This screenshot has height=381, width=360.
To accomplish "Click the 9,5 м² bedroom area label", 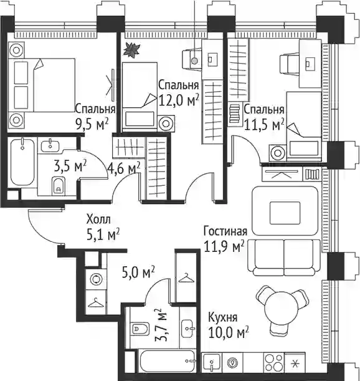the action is pyautogui.click(x=92, y=125).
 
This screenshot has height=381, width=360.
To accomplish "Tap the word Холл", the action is pyautogui.click(x=98, y=219).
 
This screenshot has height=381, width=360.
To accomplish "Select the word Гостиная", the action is pyautogui.click(x=225, y=231).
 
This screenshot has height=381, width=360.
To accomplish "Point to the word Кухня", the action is pyautogui.click(x=223, y=317).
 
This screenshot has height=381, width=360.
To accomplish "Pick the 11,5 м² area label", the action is pyautogui.click(x=264, y=125).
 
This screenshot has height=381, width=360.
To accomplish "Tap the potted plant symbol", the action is pyautogui.click(x=132, y=50).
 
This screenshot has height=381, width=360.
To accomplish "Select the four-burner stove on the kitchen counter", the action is pyautogui.click(x=274, y=362).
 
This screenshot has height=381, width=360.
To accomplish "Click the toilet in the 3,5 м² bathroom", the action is pyautogui.click(x=59, y=186).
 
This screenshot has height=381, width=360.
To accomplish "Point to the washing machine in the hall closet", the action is pyautogui.click(x=97, y=279).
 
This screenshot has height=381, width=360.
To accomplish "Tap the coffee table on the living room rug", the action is pyautogui.click(x=285, y=213).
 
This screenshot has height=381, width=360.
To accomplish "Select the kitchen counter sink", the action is pyautogui.click(x=212, y=362).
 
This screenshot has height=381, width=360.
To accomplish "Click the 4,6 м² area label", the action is pyautogui.click(x=124, y=168).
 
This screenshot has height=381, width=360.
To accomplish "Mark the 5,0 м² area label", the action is pyautogui.click(x=138, y=272).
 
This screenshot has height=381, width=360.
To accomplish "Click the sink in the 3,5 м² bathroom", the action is pyautogui.click(x=50, y=146).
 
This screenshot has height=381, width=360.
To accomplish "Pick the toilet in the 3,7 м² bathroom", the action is pyautogui.click(x=140, y=329).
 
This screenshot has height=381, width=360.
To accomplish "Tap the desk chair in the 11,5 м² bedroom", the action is pyautogui.click(x=289, y=64).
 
